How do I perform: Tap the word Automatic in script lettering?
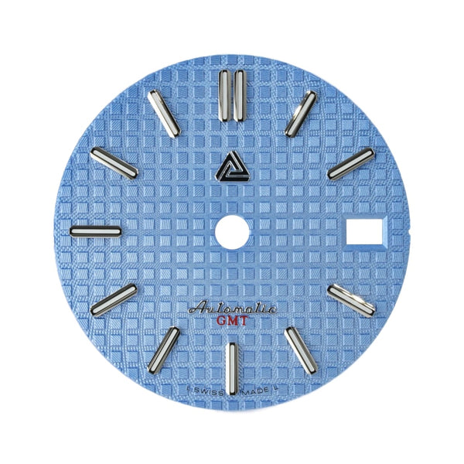click(x=230, y=309)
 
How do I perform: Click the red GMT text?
click(x=232, y=321)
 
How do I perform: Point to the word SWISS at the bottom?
click(x=203, y=392)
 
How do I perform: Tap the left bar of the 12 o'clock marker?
click(x=224, y=95)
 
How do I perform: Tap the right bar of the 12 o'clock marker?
click(x=239, y=95)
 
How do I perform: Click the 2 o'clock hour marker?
click(x=350, y=163)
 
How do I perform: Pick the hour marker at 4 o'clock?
click(x=351, y=299)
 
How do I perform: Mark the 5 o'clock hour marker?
click(x=302, y=349)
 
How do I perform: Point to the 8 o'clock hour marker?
click(x=113, y=300)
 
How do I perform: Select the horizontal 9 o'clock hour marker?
click(x=95, y=230)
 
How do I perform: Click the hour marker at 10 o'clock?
click(x=114, y=162)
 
